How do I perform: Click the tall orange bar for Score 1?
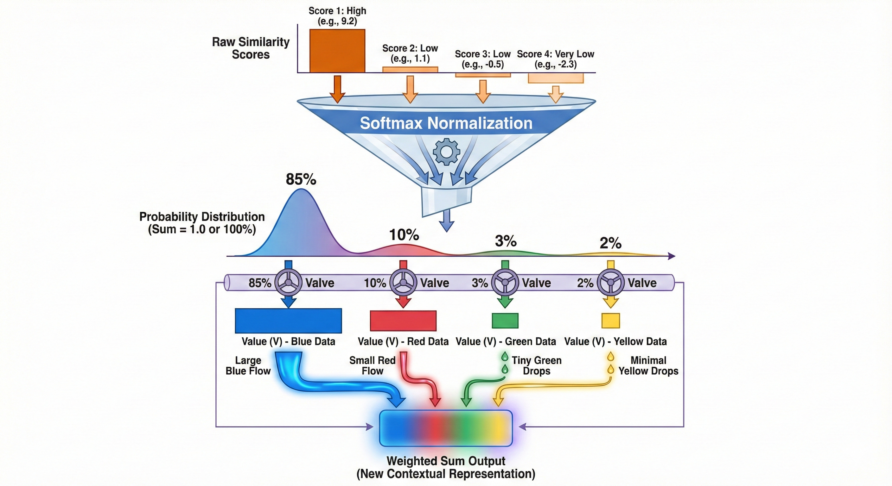[337, 51]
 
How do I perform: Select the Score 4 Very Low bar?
[555, 78]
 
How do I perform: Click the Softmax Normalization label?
[446, 123]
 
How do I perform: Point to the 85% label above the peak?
[301, 179]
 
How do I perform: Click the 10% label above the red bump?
[404, 235]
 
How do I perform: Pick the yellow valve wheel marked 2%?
[611, 283]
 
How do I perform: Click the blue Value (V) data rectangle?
[288, 321]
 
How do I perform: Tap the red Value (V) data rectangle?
[403, 321]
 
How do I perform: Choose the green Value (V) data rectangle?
[505, 321]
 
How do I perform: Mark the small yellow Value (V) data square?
[610, 321]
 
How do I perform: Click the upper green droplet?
[505, 356]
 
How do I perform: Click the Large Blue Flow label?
[248, 366]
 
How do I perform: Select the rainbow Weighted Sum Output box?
[446, 428]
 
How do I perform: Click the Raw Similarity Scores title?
[251, 48]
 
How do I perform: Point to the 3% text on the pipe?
[480, 283]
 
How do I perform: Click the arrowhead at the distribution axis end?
[672, 256]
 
